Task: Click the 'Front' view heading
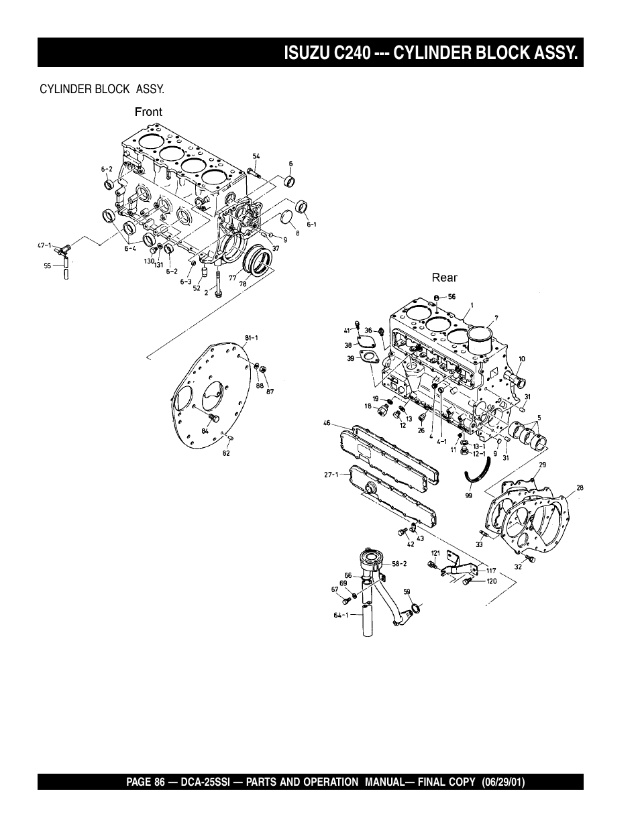pyautogui.click(x=148, y=112)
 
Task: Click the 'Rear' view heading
pyautogui.click(x=444, y=278)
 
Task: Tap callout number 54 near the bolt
pyautogui.click(x=256, y=156)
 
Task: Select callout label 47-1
pyautogui.click(x=44, y=246)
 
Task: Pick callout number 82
pyautogui.click(x=226, y=454)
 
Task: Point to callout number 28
pyautogui.click(x=579, y=487)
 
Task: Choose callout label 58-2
pyautogui.click(x=399, y=564)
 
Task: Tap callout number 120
pyautogui.click(x=491, y=581)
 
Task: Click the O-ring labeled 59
pyautogui.click(x=416, y=608)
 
